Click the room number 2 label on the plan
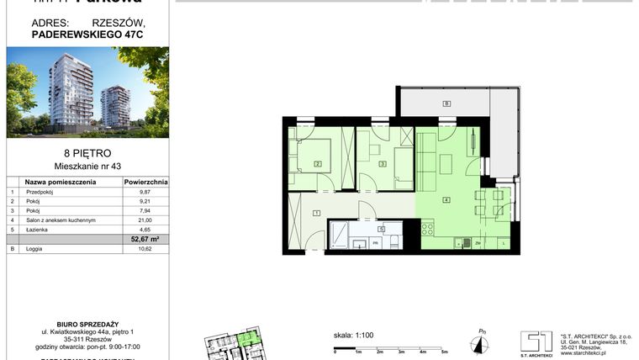pyautogui.click(x=318, y=164)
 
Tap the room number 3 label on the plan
pyautogui.click(x=383, y=164)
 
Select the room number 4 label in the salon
pyautogui.click(x=446, y=199)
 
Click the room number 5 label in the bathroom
pyautogui.click(x=381, y=228)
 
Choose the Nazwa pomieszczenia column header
pyautogui.click(x=58, y=181)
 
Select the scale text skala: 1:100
pyautogui.click(x=354, y=335)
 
